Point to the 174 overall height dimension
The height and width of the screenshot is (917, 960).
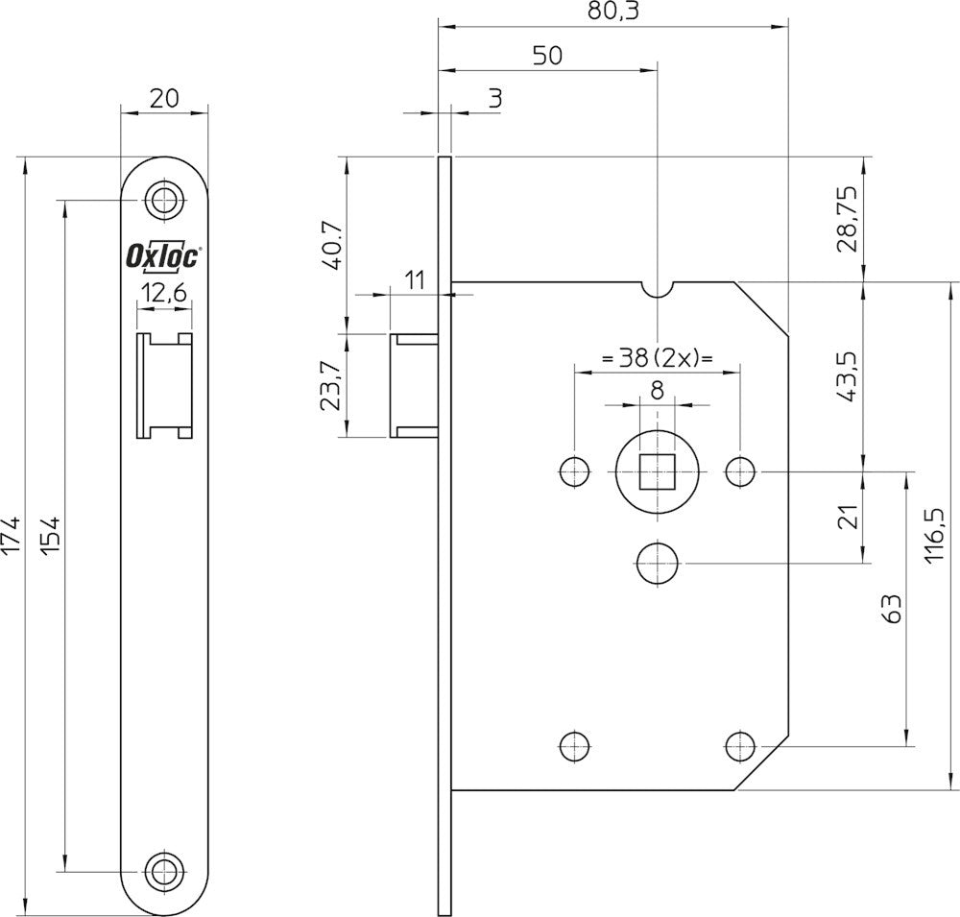[x=11, y=536]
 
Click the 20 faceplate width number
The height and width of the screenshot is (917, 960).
[x=164, y=98]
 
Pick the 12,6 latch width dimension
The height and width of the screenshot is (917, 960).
[x=164, y=294]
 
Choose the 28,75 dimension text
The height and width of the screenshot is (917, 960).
[x=850, y=220]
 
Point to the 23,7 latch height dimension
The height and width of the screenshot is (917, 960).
[x=330, y=385]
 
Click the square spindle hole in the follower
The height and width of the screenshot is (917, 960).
[x=658, y=471]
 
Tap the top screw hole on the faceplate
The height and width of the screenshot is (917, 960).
[x=164, y=200]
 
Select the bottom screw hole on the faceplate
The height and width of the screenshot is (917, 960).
[x=164, y=869]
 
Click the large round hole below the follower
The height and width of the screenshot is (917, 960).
[x=658, y=563]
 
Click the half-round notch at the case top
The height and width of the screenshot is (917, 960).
[x=658, y=289]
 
